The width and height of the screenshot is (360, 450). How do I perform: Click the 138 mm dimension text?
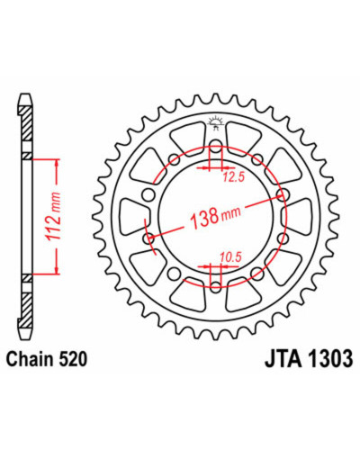click(x=216, y=216)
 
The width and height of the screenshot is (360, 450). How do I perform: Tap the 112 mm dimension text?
click(x=53, y=216)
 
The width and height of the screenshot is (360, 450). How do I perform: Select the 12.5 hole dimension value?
click(x=234, y=177)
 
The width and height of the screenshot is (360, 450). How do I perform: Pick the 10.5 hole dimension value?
click(x=230, y=257)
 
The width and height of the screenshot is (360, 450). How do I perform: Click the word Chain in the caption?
click(x=31, y=359)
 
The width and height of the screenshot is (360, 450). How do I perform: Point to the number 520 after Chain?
click(x=73, y=359)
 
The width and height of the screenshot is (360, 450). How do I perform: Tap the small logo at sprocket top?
click(x=215, y=123)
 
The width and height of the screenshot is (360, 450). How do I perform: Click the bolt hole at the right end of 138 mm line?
click(x=282, y=194)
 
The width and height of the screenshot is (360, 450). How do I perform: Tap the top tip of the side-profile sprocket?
click(x=25, y=94)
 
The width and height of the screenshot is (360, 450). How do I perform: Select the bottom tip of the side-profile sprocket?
click(x=25, y=338)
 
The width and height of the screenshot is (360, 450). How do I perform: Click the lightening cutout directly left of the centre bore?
click(x=133, y=217)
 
